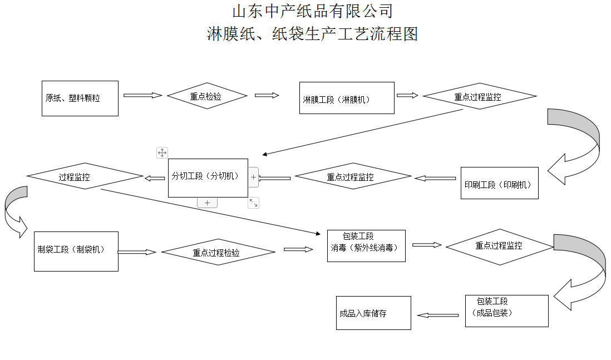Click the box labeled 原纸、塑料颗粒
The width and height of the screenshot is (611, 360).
[x=80, y=98]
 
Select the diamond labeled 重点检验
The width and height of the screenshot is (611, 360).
[x=207, y=96]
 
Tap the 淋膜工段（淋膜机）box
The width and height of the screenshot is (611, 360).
[x=346, y=98]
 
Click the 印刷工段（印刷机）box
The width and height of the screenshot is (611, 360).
[x=499, y=183]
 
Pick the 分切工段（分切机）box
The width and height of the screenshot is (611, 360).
[x=208, y=177]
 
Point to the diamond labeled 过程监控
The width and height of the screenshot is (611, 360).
[x=85, y=177]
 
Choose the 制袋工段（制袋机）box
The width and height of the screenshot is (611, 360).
[x=76, y=251]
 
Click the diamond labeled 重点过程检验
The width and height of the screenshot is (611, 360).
[x=218, y=252]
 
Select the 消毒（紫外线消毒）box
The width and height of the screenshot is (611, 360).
[x=366, y=246]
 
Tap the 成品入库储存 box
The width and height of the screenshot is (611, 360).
[x=373, y=313]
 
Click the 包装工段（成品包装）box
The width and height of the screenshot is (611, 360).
[x=506, y=310]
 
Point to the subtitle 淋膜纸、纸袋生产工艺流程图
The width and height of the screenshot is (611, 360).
[x=312, y=34]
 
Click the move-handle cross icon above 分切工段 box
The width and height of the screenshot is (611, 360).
[x=162, y=152]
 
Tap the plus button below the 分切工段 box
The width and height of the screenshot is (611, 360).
[x=207, y=203]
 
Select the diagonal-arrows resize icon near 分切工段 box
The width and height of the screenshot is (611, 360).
[x=253, y=203]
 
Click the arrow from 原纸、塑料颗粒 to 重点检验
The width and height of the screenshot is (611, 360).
[x=142, y=96]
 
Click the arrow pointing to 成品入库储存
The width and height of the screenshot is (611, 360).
[x=438, y=315]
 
